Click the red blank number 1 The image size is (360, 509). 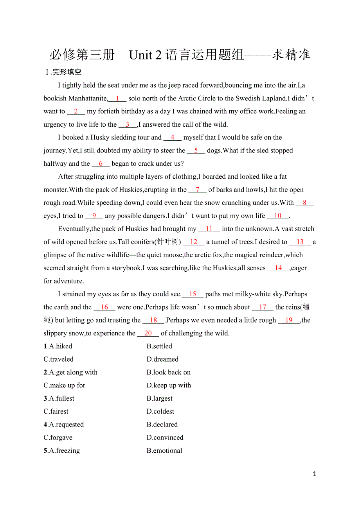click(117, 99)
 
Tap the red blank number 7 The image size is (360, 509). click(198, 190)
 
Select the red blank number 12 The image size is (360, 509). click(194, 242)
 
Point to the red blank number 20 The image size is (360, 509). click(148, 333)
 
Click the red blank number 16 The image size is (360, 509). click(104, 307)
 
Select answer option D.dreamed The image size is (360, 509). click(162, 359)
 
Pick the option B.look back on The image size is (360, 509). click(169, 372)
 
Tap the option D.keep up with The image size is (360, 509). click(169, 385)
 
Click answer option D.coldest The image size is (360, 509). click(160, 411)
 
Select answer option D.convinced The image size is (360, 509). click(165, 437)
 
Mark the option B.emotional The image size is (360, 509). click(164, 450)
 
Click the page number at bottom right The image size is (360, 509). click(315, 474)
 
